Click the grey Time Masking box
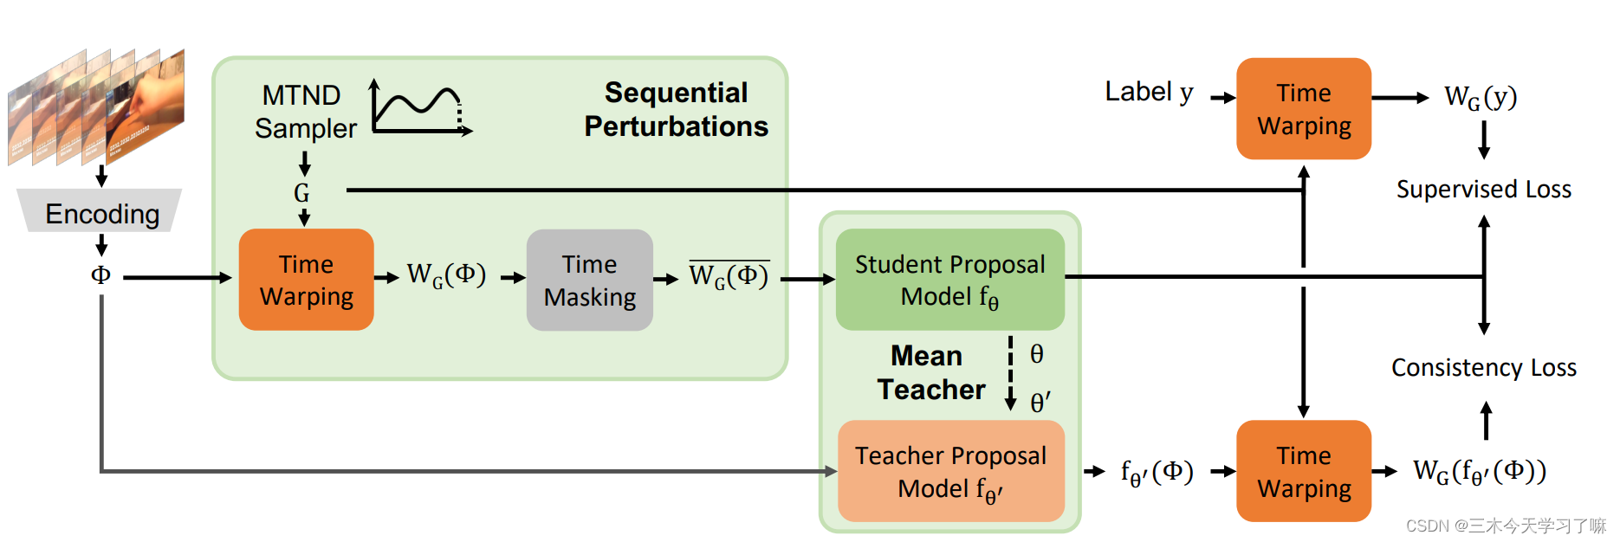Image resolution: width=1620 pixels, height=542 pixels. coord(589,280)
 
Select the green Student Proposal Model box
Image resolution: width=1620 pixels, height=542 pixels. coord(949,280)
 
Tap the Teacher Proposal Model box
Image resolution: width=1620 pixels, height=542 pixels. coord(949,471)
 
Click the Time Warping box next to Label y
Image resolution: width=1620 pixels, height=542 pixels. coord(1303,109)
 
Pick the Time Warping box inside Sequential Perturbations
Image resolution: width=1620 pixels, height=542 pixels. coord(306,280)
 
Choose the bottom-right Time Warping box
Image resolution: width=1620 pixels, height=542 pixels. coord(1303,471)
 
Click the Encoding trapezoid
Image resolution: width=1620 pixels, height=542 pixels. coord(101,211)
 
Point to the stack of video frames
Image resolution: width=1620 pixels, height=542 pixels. coord(95,106)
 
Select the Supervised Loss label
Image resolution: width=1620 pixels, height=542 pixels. coord(1483,189)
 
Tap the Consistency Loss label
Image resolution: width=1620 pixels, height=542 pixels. coord(1483,367)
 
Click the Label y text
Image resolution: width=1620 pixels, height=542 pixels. coord(1149,92)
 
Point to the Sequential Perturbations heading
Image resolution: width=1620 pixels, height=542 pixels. coord(676,109)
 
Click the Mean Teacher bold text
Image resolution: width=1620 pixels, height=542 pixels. coord(930,372)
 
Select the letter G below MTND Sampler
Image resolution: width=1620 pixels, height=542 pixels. coord(301,192)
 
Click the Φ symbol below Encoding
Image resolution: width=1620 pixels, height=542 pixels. coord(100,275)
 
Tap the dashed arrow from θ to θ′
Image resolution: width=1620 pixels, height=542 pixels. coord(1010,372)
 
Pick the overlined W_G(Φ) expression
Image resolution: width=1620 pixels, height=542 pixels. coord(729,275)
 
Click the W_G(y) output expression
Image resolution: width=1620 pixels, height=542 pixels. coord(1480,97)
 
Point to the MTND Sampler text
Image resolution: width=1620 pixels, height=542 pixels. coord(304,111)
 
